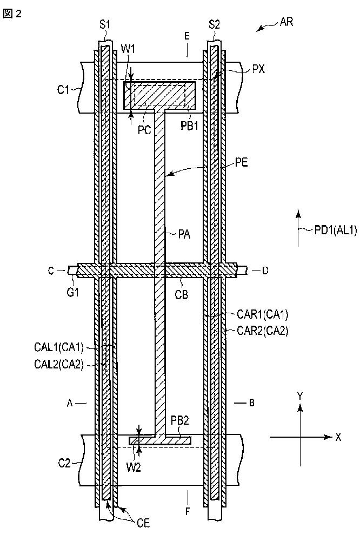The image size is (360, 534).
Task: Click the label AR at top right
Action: click(286, 23)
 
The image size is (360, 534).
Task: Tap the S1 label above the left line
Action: click(105, 24)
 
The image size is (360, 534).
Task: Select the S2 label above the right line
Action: click(214, 24)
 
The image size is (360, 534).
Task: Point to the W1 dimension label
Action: click(128, 49)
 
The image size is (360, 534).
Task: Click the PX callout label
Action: click(259, 70)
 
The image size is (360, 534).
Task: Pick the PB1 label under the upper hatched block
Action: click(189, 126)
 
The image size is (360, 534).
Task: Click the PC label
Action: click(145, 130)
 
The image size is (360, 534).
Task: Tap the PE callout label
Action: click(241, 163)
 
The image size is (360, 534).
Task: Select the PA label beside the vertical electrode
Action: click(184, 234)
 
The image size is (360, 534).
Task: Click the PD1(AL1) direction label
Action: click(336, 230)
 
